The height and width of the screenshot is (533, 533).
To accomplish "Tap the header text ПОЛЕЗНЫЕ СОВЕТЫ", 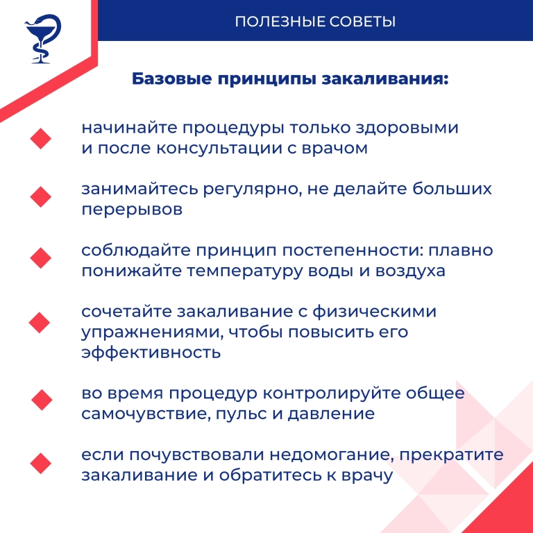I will (315, 21).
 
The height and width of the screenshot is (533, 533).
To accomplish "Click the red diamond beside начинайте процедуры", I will (41, 137).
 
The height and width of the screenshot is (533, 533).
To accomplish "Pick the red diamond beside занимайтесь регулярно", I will (41, 197).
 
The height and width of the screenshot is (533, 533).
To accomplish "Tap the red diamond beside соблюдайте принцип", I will (41, 259).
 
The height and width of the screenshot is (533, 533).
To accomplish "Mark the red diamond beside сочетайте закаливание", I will (40, 321).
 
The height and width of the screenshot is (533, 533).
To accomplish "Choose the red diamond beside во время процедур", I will (42, 400).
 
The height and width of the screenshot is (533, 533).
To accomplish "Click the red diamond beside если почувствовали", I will (42, 463).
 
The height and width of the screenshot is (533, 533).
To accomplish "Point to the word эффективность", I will (151, 353).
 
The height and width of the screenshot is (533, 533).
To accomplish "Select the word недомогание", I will (328, 455).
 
